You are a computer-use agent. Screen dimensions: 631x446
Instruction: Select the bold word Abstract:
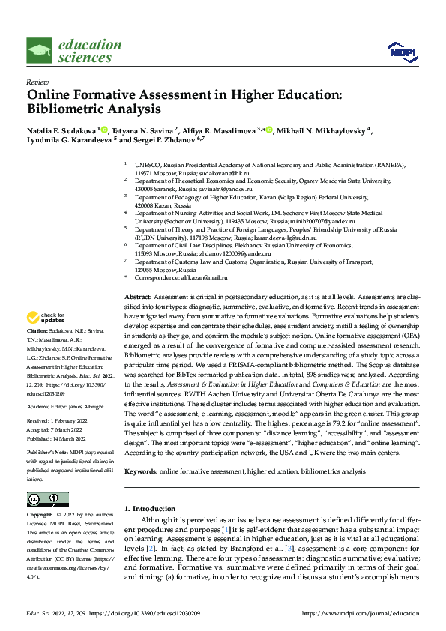coord(138,298)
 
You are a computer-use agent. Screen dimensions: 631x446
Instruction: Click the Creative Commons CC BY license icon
coord(47,500)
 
